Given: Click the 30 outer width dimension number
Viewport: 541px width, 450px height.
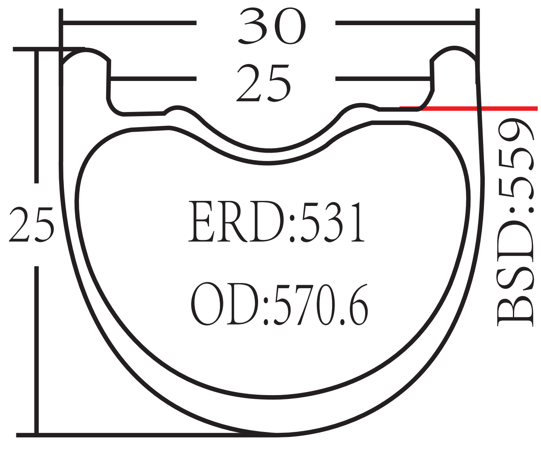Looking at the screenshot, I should (271, 26).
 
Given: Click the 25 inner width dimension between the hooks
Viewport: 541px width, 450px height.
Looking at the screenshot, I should (264, 83).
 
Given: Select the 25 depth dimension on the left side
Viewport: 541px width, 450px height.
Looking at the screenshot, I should (31, 224).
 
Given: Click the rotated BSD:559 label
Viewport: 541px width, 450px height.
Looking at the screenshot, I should (515, 222).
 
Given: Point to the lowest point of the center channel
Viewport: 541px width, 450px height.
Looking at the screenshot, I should (269, 150).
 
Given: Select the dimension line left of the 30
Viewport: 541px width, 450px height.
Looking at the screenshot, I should (129, 23).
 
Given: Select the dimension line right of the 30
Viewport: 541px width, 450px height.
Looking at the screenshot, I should (405, 23).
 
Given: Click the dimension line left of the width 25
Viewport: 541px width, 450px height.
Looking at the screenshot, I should (153, 78).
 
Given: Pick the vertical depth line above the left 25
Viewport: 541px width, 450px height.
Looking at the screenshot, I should (37, 117).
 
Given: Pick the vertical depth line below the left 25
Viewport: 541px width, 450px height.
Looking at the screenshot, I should (37, 348).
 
